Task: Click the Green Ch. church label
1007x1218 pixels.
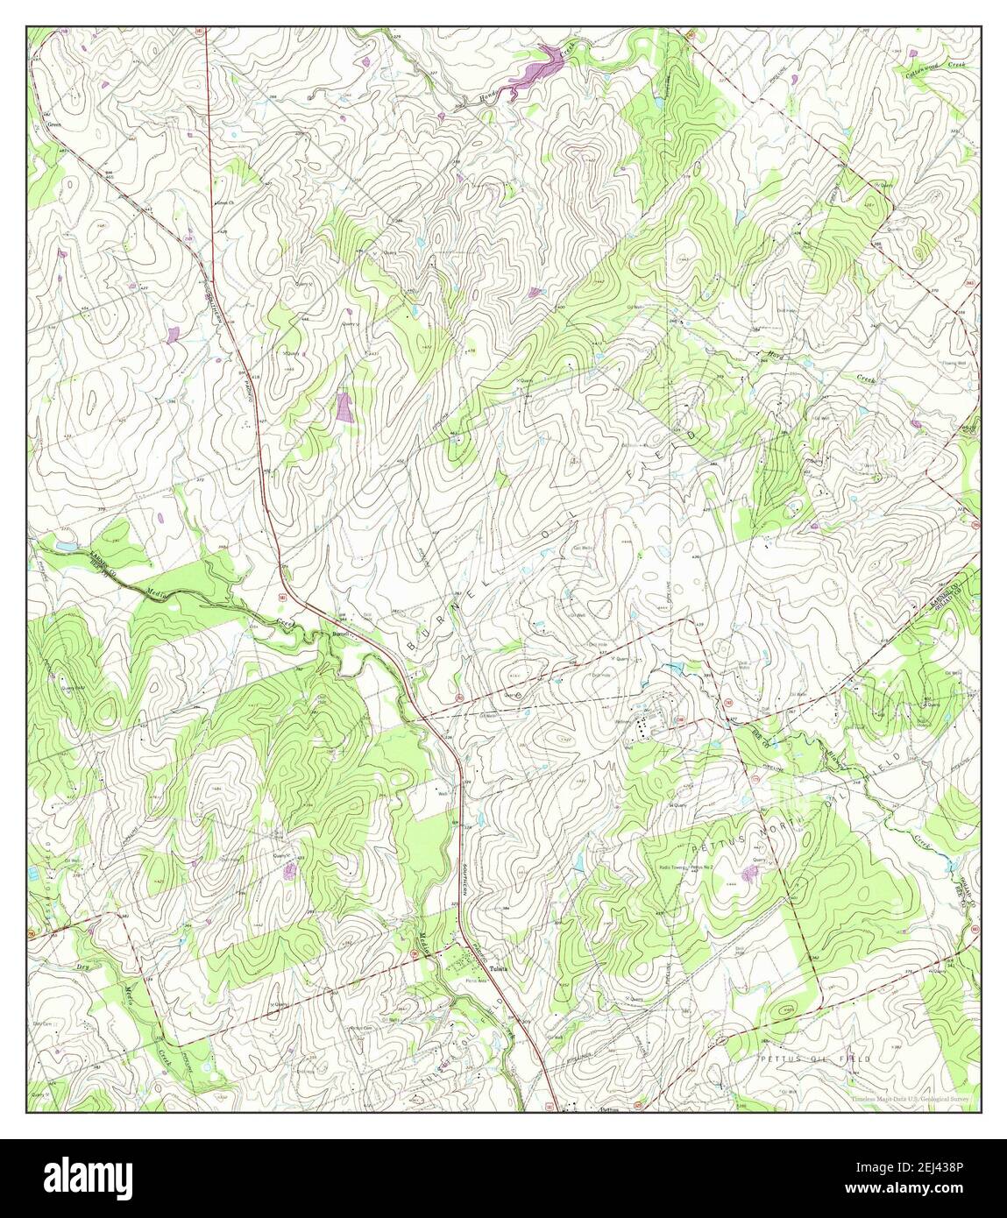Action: point(226,203)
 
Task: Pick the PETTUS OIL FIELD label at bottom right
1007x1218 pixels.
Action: point(815,1059)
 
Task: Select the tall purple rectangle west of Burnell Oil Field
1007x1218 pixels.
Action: point(344,407)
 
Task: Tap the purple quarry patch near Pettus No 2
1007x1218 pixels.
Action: point(750,873)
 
